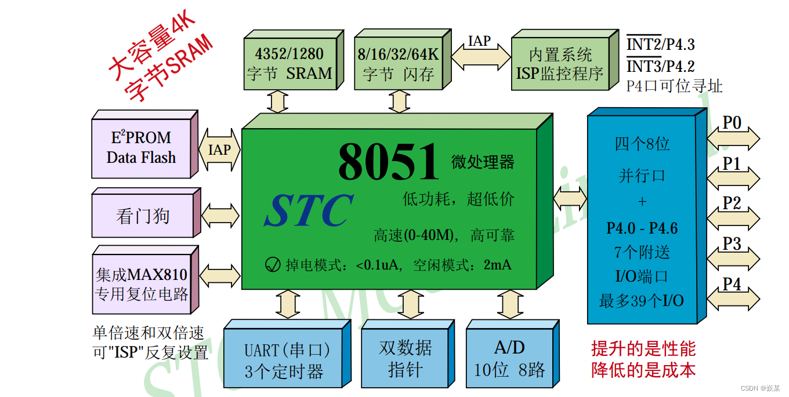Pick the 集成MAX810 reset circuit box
coord(142,283)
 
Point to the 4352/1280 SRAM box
coord(289,64)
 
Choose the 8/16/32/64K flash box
coord(398,64)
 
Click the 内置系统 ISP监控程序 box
coord(559,64)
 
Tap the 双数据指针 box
coord(406,359)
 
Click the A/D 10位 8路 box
coord(509,359)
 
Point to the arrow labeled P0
coord(733,138)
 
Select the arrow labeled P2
coord(733,218)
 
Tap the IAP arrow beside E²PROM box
coord(219,150)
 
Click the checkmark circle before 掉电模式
coord(273,265)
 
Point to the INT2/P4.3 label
coord(660,44)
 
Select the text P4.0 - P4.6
coord(642,228)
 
